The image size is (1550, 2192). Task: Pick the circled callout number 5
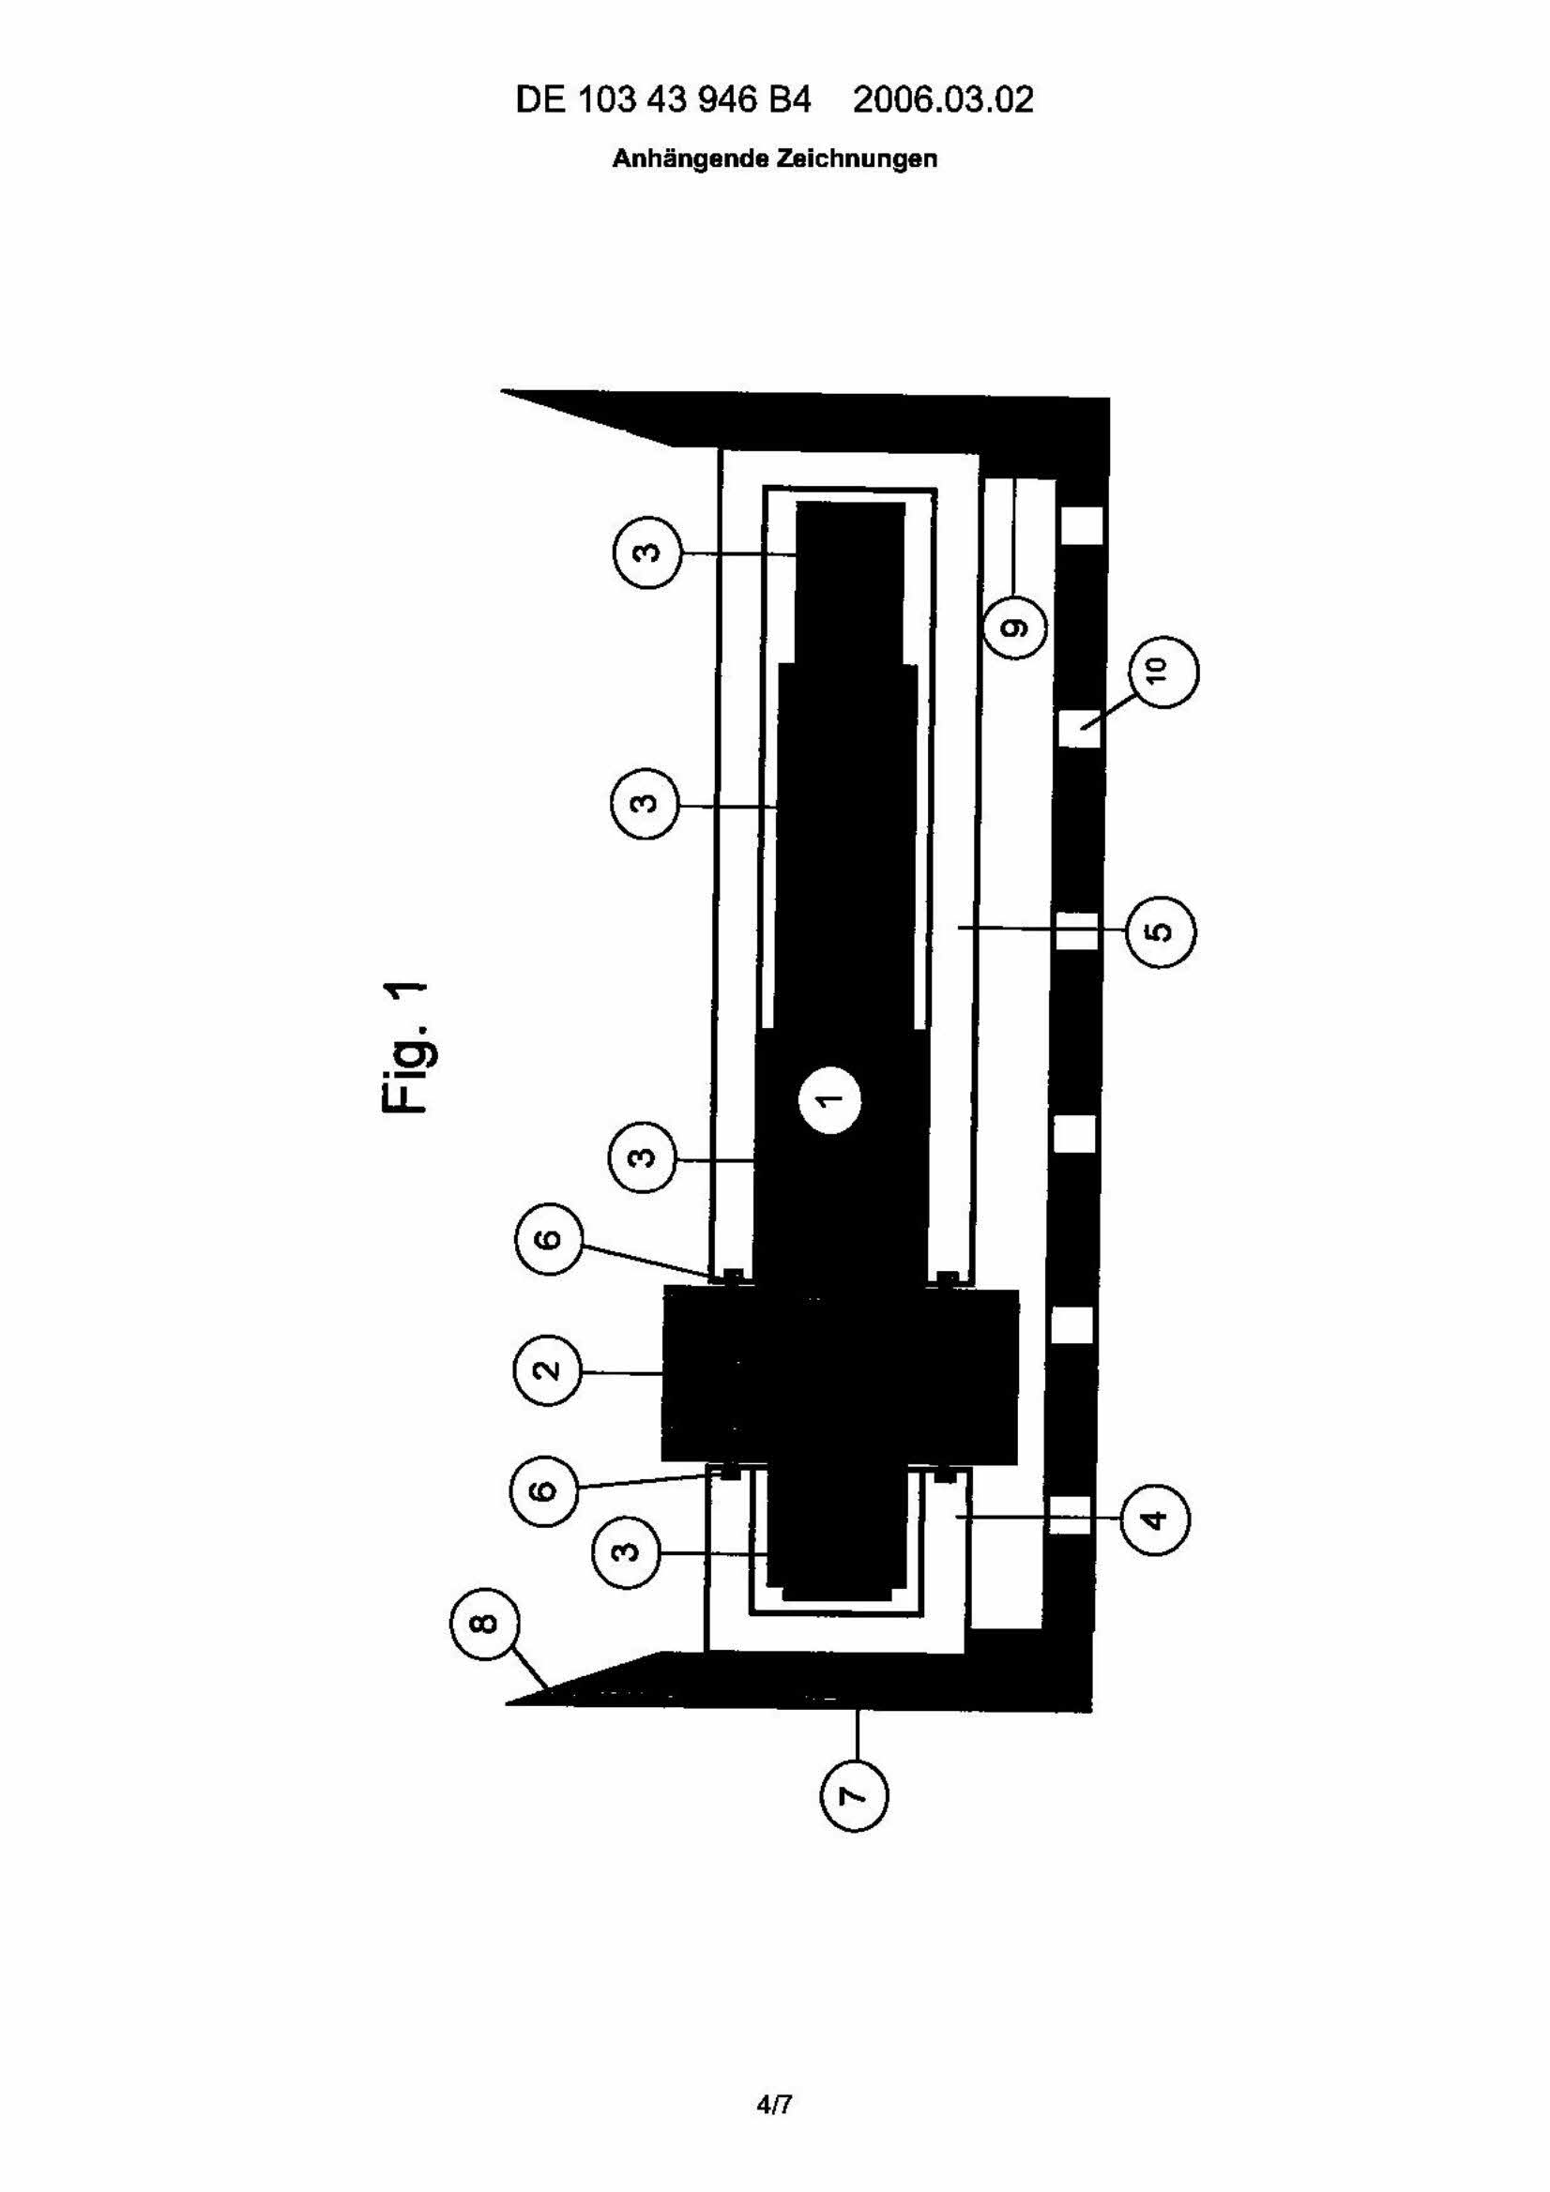(1162, 930)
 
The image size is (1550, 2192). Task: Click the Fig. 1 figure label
(410, 1047)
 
